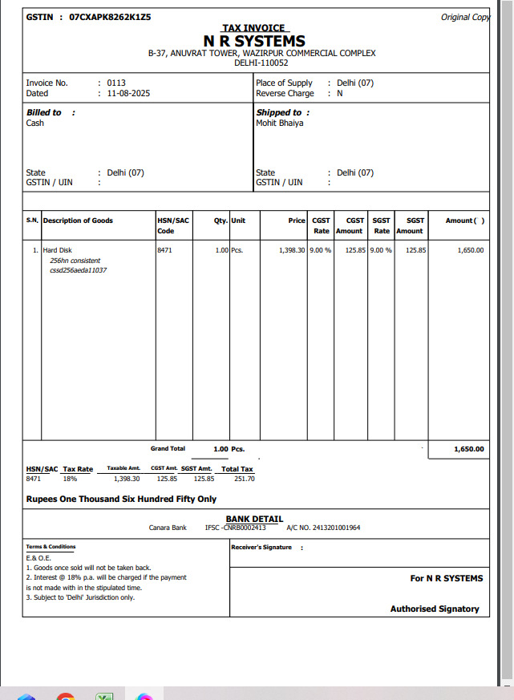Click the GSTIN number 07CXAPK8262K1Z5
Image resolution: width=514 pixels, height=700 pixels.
[110, 16]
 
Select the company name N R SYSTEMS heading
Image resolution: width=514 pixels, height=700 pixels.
[254, 41]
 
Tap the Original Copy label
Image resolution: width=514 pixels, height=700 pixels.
[465, 17]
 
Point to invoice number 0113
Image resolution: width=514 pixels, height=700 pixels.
[116, 83]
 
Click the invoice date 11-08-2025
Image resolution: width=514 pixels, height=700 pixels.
[128, 93]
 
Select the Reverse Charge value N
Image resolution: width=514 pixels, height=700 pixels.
[340, 93]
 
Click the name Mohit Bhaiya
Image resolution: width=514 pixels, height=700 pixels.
[279, 123]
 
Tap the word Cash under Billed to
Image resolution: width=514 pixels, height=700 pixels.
[35, 123]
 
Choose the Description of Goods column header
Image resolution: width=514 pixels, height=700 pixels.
[78, 221]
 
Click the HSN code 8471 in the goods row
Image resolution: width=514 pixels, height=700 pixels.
[164, 250]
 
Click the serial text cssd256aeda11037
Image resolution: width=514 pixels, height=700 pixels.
[78, 270]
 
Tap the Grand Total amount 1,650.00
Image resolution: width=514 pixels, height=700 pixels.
[468, 449]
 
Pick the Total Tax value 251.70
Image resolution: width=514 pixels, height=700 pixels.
[244, 479]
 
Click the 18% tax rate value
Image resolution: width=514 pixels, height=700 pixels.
[71, 479]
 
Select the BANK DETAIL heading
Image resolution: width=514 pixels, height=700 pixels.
[254, 519]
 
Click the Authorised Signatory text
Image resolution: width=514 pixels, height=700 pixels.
[435, 609]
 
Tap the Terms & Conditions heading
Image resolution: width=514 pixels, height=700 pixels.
[51, 547]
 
